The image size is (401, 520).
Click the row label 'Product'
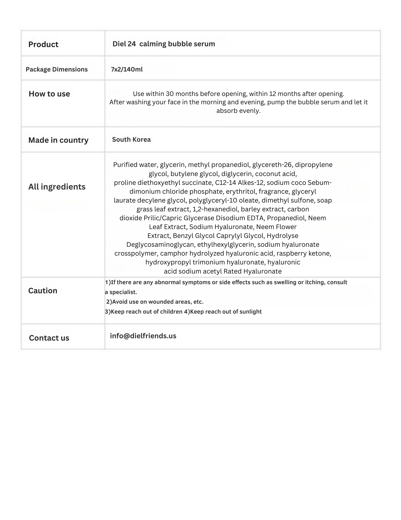pos(43,44)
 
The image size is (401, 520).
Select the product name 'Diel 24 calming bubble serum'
pos(164,44)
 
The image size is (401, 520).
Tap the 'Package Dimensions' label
pos(57,69)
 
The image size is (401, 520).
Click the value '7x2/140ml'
pos(127,69)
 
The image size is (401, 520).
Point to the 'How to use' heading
pos(49,94)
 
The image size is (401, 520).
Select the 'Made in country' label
pos(58,140)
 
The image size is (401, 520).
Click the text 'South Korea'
pos(131,139)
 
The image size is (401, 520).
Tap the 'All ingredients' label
pos(57,187)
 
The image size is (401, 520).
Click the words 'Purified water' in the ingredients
pos(135,165)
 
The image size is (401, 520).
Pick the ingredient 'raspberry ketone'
pos(304,253)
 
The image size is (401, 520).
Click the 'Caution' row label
pos(43,291)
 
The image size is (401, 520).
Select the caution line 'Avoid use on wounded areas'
pos(155,302)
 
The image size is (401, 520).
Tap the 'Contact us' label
pos(49,338)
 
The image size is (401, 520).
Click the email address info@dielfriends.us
pos(143,336)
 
